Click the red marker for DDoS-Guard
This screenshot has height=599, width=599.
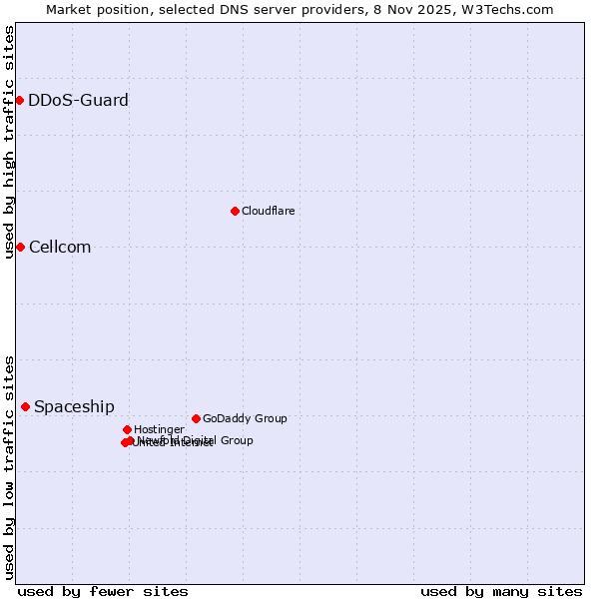click(19, 100)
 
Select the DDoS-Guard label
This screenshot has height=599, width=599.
click(78, 100)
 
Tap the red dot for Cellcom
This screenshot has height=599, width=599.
click(20, 247)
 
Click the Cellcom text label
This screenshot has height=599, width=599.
click(60, 248)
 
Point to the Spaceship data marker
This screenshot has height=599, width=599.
click(25, 406)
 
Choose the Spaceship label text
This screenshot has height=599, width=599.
click(74, 407)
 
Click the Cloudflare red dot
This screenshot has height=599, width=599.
click(235, 211)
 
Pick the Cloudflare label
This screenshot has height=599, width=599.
click(268, 211)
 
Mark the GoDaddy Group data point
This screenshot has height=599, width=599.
click(196, 418)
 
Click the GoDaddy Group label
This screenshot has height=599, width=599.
click(245, 418)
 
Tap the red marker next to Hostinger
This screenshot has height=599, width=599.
click(127, 429)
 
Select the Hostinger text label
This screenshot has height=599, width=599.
click(159, 429)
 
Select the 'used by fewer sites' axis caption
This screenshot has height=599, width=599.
click(103, 591)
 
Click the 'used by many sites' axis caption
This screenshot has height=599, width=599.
click(501, 591)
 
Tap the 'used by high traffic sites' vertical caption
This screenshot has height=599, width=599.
click(10, 142)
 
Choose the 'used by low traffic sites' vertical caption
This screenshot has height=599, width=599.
click(10, 467)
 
